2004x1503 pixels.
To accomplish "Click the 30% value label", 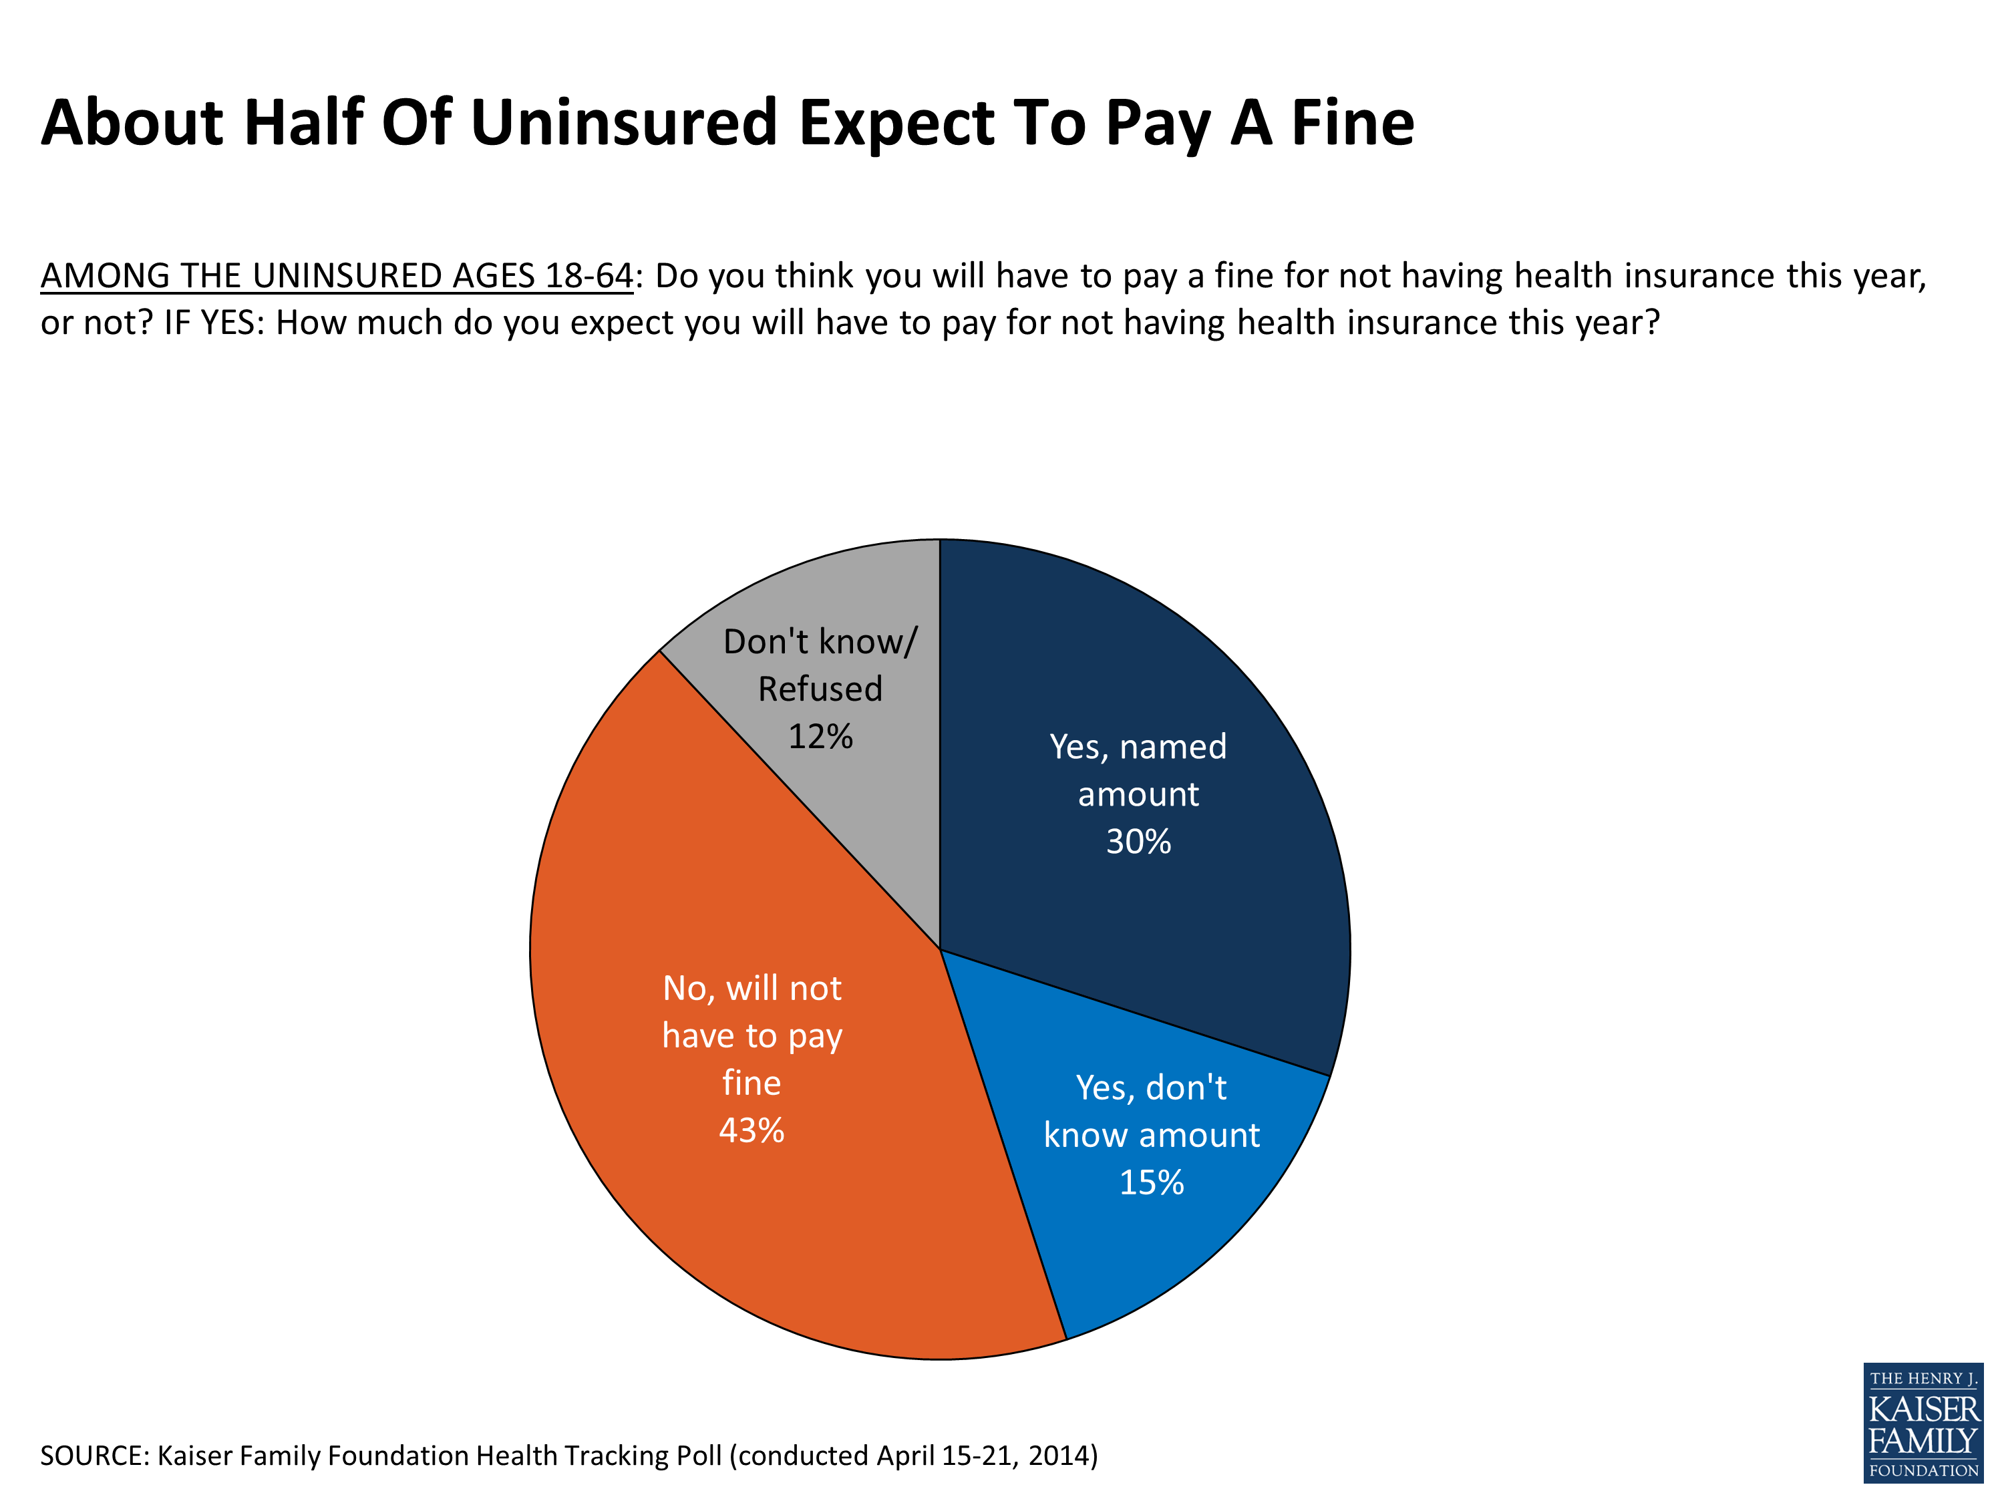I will pyautogui.click(x=1138, y=842).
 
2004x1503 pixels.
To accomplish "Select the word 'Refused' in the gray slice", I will pyautogui.click(x=820, y=689).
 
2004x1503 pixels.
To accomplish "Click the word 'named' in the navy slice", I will pyautogui.click(x=1172, y=747).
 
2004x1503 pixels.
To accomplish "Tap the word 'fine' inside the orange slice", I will pyautogui.click(x=751, y=1083).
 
